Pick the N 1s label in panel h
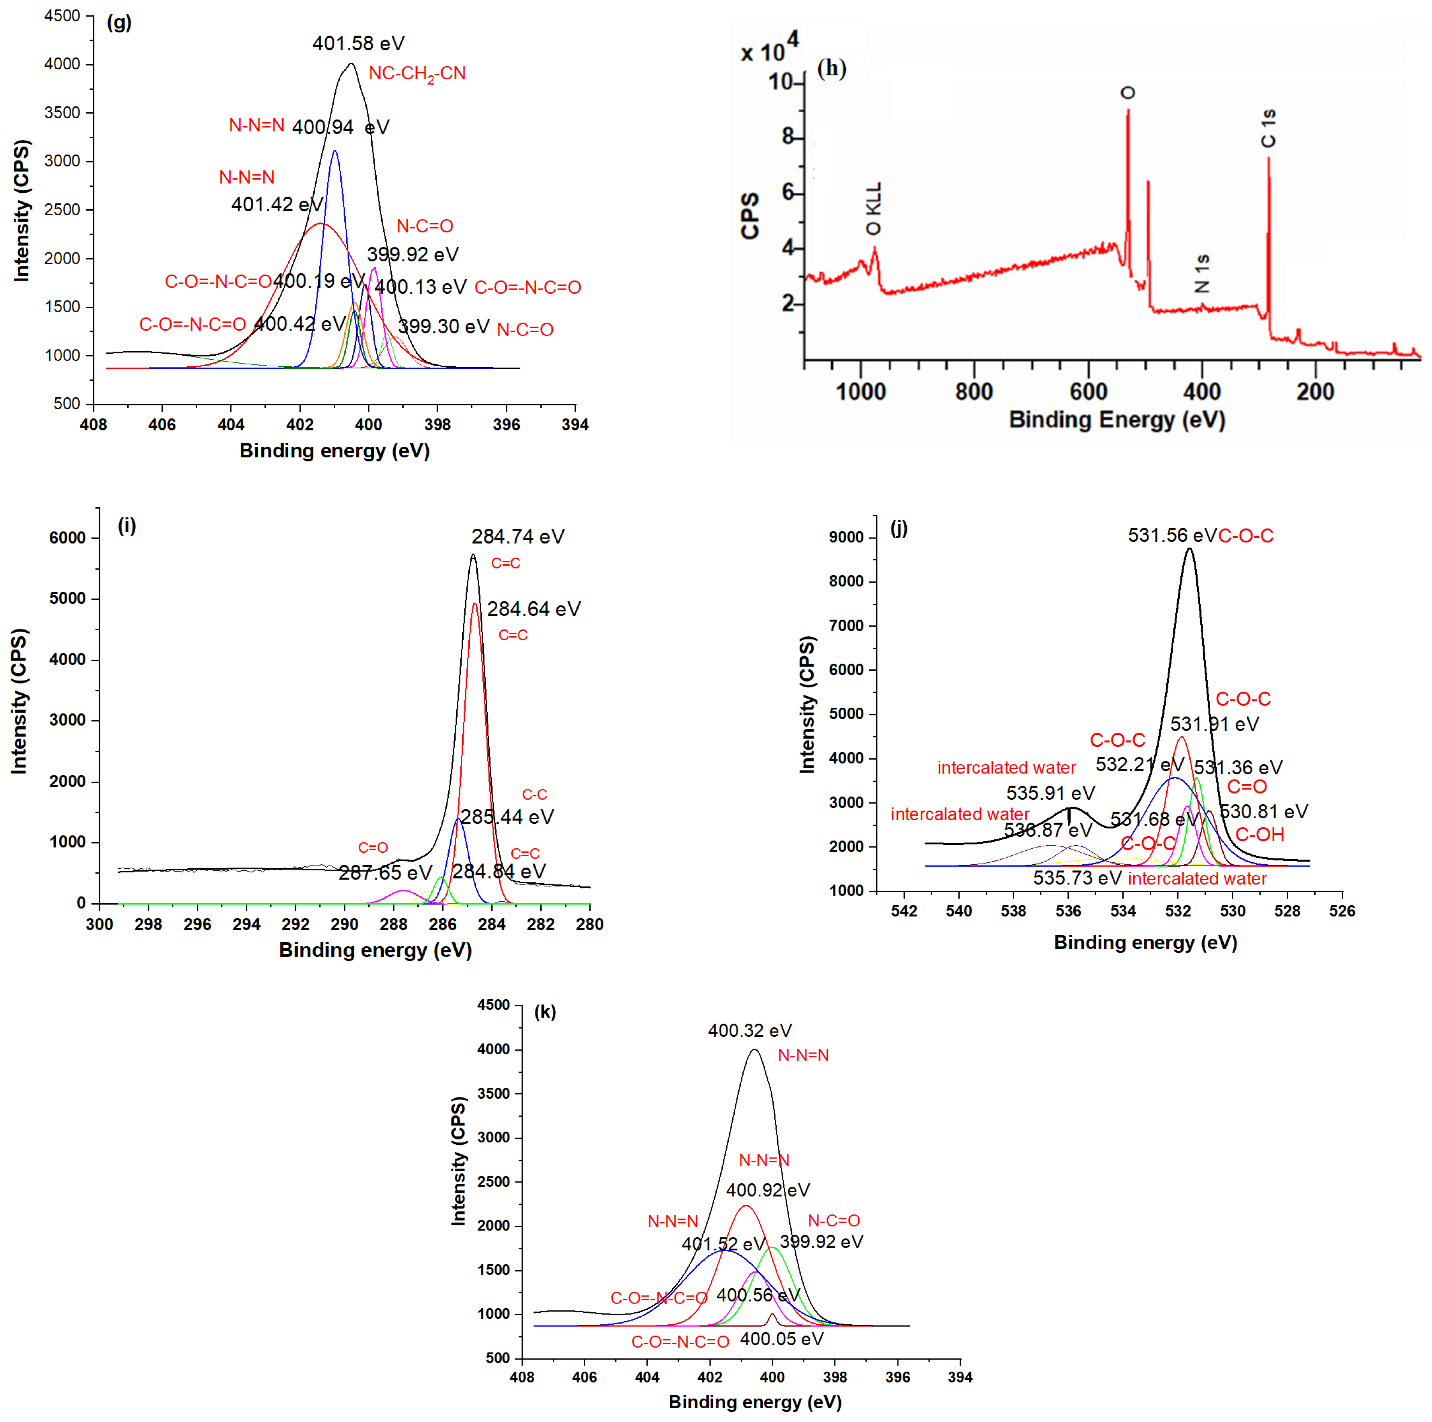click(x=1202, y=273)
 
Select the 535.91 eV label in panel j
click(x=1050, y=793)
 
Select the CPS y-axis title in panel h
click(x=750, y=216)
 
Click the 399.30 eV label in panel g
click(x=443, y=327)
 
